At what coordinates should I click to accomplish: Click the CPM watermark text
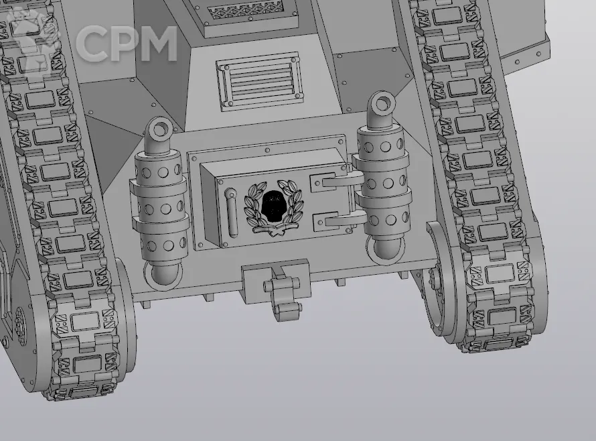(x=126, y=44)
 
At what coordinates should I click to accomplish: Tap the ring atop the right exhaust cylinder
(x=382, y=103)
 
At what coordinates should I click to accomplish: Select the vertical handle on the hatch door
(x=232, y=212)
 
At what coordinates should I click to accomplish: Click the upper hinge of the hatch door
(x=336, y=180)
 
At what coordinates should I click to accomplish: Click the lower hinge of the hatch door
(x=338, y=220)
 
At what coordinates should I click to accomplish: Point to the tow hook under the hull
(x=282, y=293)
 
